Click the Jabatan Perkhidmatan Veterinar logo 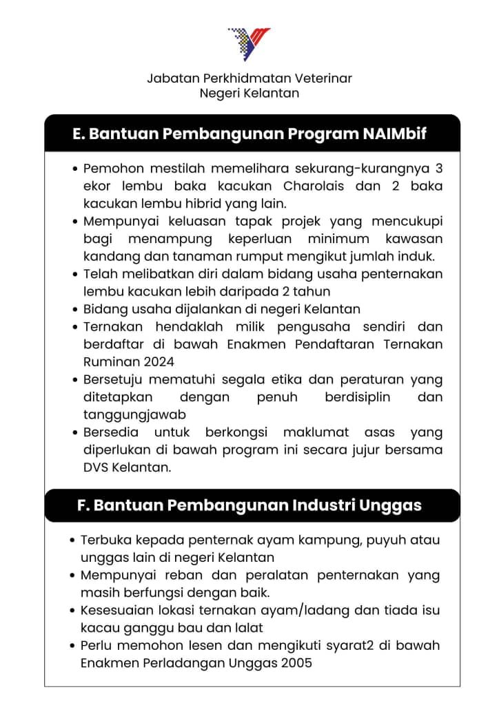coord(249,43)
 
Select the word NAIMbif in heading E coord(394,134)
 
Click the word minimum coord(349,239)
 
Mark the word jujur coord(360,450)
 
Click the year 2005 coord(296,664)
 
